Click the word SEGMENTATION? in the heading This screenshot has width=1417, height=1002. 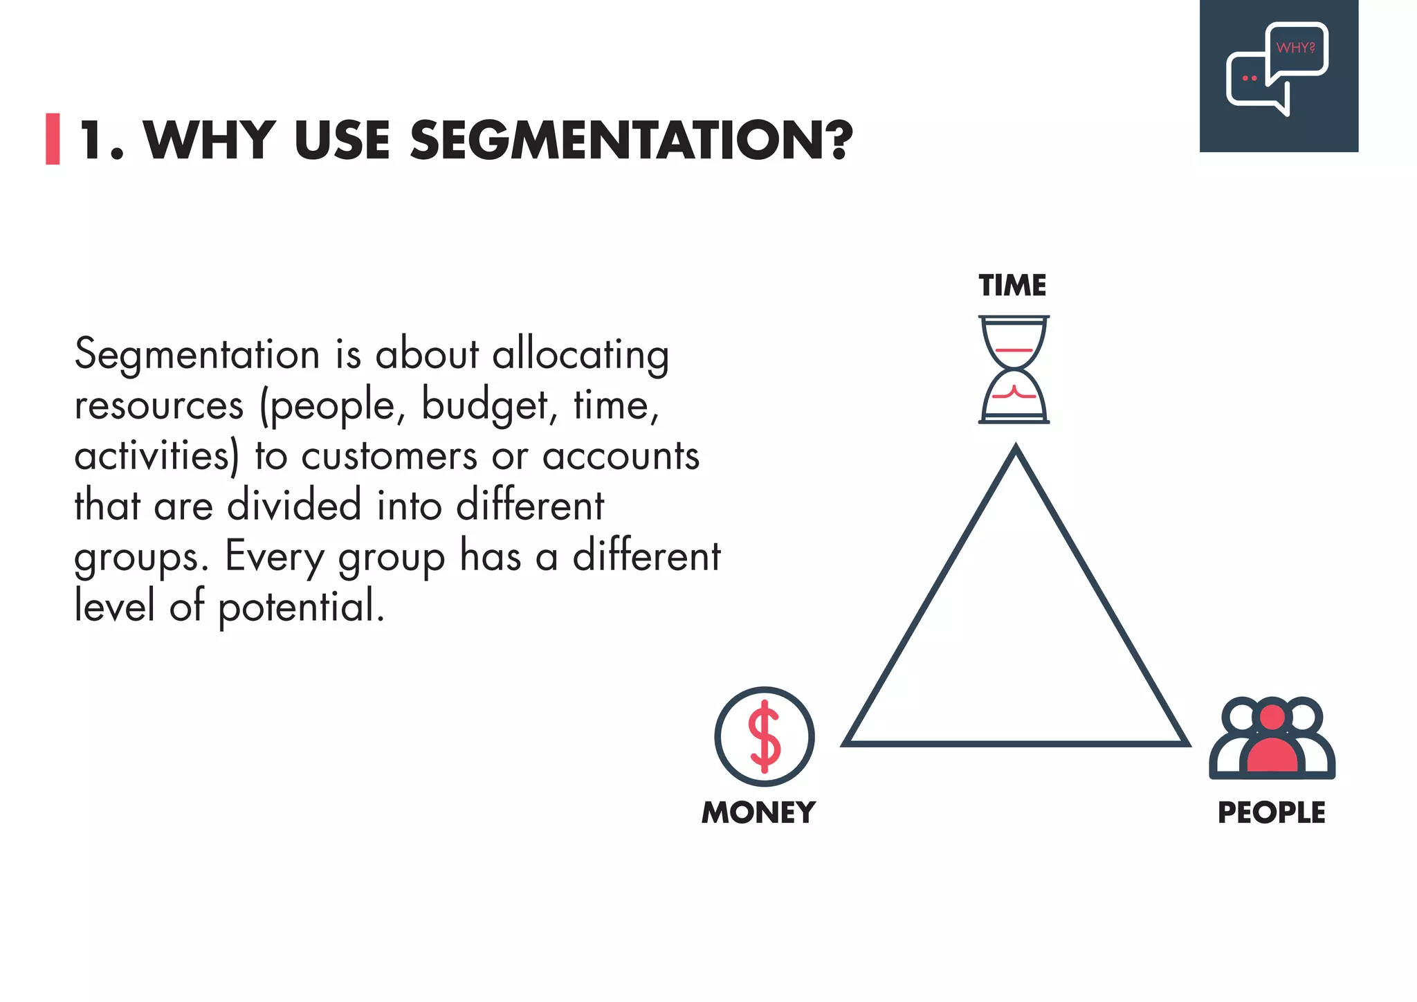pyautogui.click(x=631, y=140)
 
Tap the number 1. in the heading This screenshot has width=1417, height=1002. pyautogui.click(x=102, y=140)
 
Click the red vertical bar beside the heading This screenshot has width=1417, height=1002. pyautogui.click(x=53, y=139)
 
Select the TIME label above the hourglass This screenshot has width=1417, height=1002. pyautogui.click(x=1012, y=285)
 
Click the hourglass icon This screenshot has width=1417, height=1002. pyautogui.click(x=1014, y=370)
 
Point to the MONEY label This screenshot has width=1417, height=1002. pyautogui.click(x=758, y=812)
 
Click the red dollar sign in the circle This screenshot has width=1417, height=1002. pyautogui.click(x=765, y=736)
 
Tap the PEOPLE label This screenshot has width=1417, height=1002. pyautogui.click(x=1271, y=812)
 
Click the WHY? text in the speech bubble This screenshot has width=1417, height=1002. pyautogui.click(x=1295, y=48)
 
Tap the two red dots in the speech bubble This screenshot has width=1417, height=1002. pyautogui.click(x=1250, y=78)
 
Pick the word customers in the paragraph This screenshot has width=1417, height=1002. pyautogui.click(x=389, y=456)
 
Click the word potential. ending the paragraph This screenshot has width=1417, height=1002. pyautogui.click(x=301, y=607)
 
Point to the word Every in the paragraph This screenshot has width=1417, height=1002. pyautogui.click(x=274, y=556)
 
